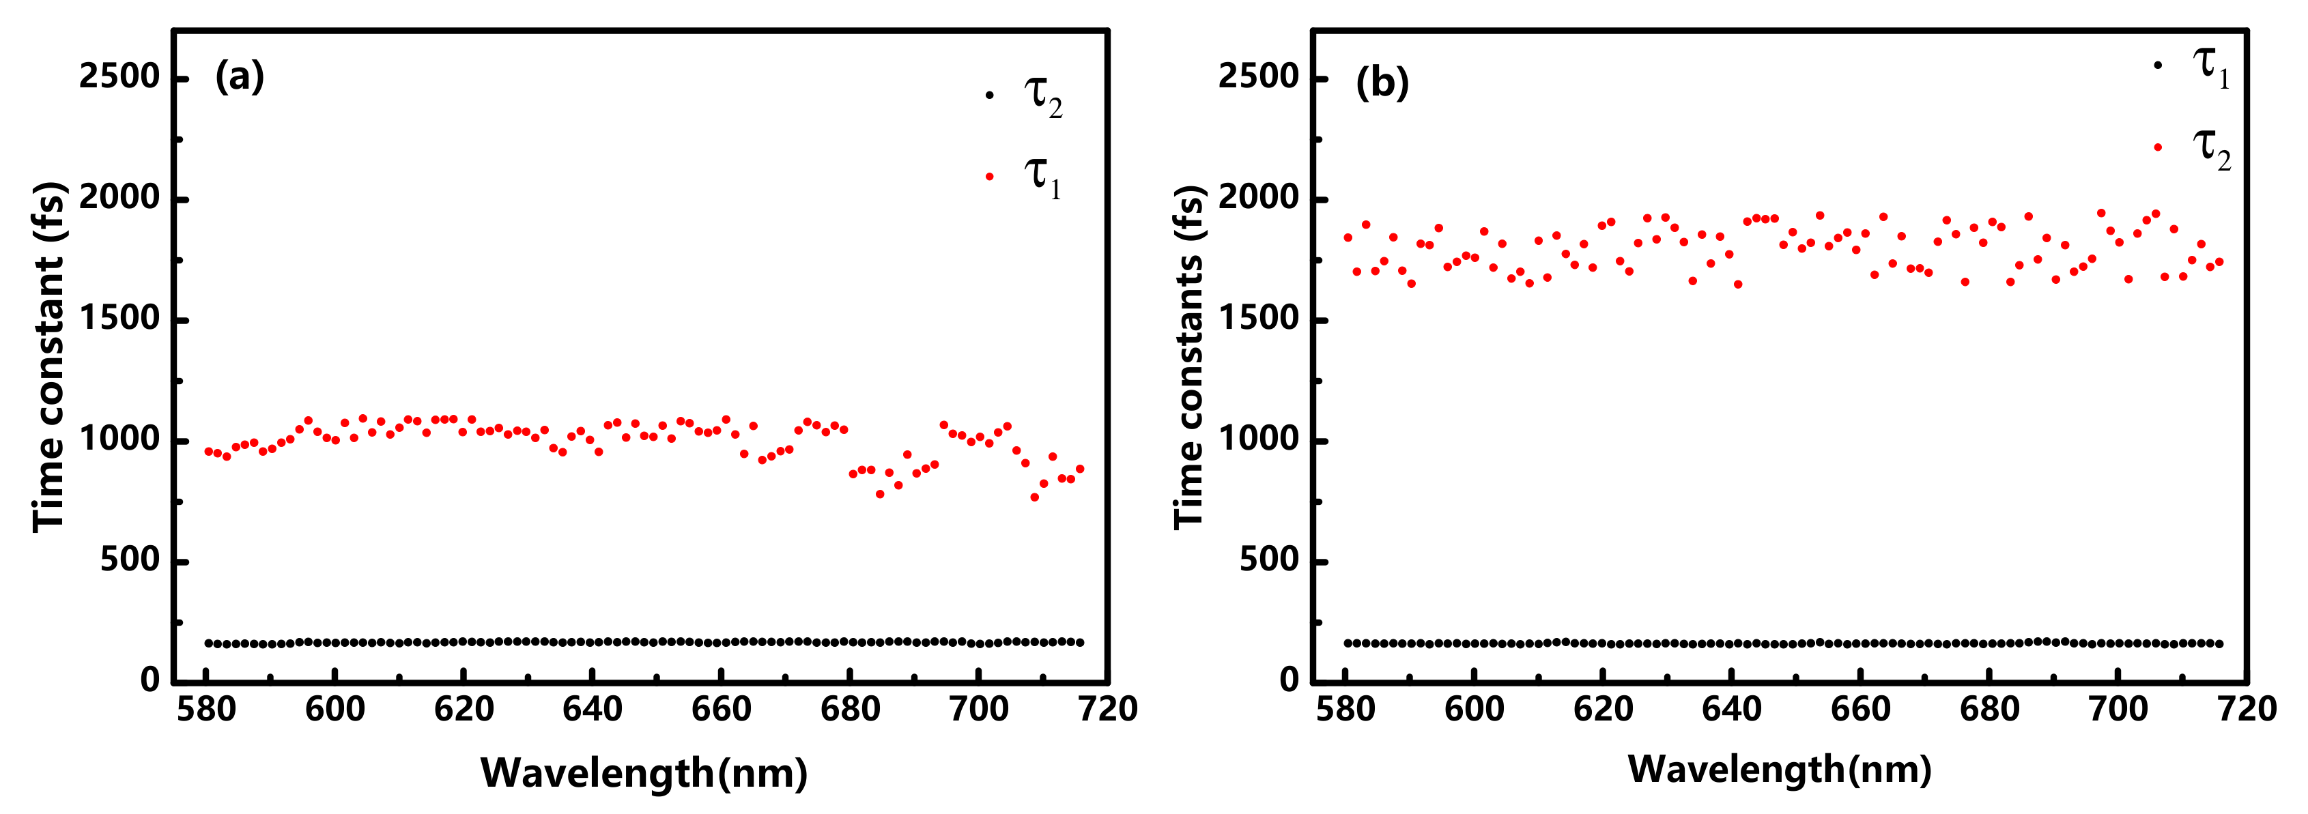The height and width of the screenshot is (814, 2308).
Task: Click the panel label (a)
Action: [x=239, y=77]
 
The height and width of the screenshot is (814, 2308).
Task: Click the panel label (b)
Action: [x=1382, y=83]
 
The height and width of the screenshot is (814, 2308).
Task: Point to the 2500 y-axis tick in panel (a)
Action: [x=119, y=77]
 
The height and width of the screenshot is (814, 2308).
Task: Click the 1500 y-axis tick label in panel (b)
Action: [x=1258, y=320]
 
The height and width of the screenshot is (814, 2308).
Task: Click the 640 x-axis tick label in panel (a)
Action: [x=593, y=709]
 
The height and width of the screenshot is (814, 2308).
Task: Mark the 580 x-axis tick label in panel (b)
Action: [x=1345, y=709]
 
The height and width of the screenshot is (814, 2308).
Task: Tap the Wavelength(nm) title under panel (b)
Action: [x=1778, y=769]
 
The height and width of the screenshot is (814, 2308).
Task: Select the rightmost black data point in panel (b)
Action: [x=2219, y=644]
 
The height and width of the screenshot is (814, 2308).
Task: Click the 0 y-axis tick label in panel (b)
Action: [x=1288, y=680]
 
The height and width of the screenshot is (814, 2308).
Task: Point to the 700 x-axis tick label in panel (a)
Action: [x=978, y=709]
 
